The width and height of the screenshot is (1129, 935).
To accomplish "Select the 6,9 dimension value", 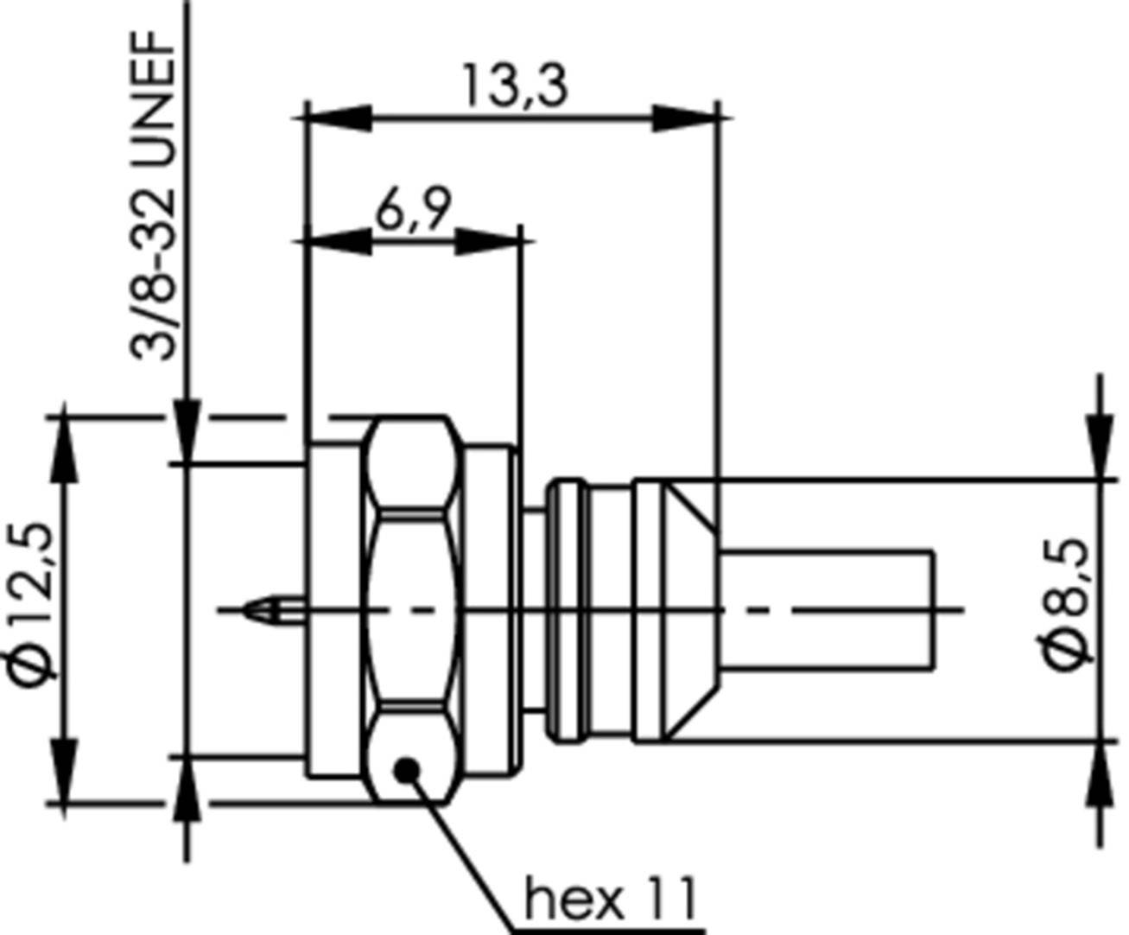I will pyautogui.click(x=413, y=210).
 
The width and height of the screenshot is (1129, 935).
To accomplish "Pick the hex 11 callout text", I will pyautogui.click(x=610, y=900).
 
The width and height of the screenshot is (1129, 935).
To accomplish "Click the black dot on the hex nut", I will pyautogui.click(x=406, y=768).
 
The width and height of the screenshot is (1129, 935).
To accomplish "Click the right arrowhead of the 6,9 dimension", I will pyautogui.click(x=489, y=242).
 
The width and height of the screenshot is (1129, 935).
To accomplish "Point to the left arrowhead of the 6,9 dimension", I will pyautogui.click(x=339, y=242).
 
